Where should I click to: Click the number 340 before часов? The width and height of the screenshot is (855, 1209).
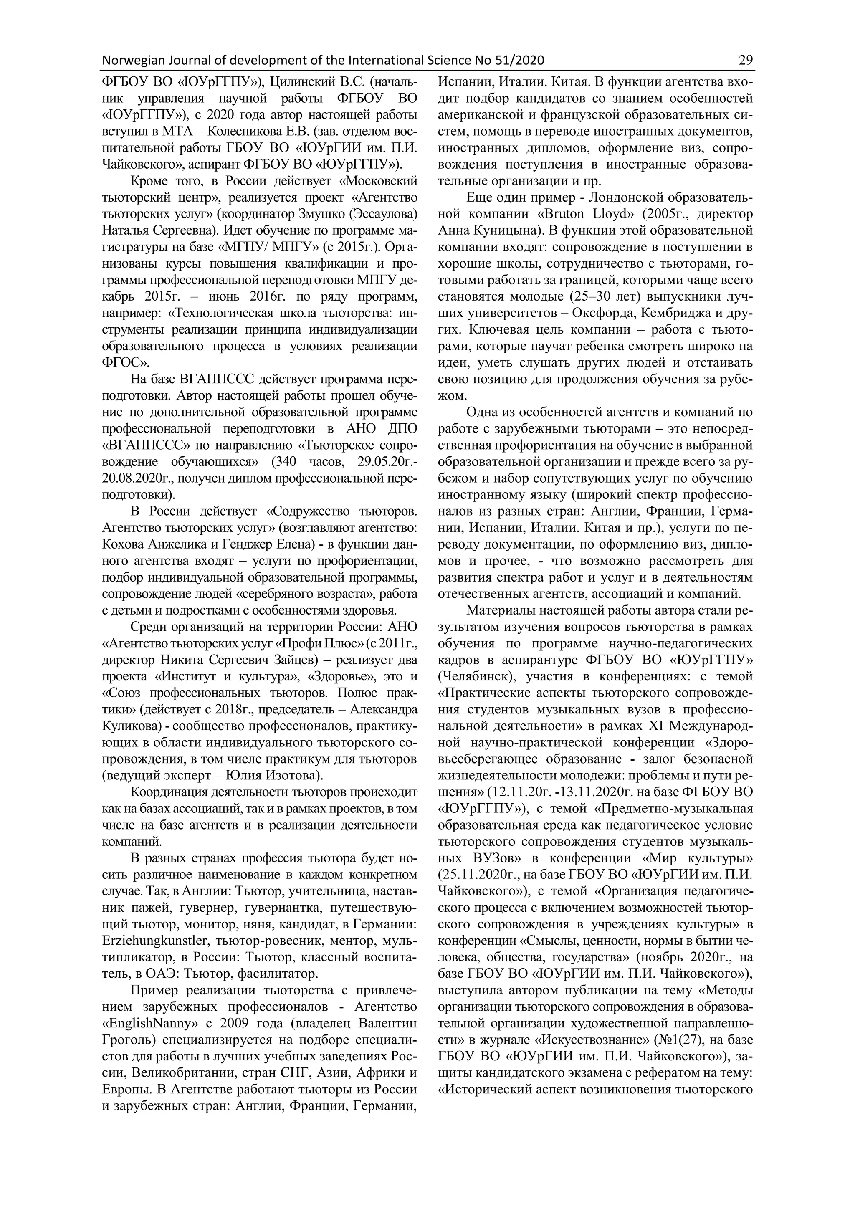click(x=298, y=462)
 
